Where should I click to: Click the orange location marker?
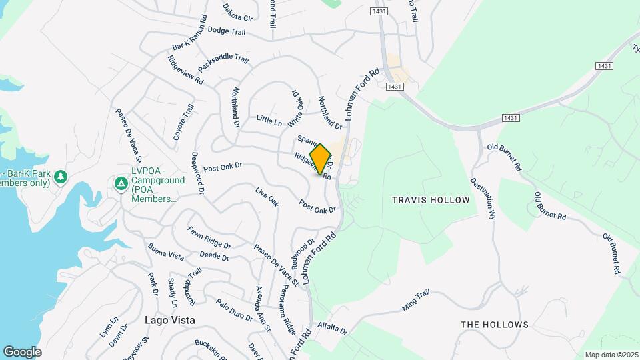point(321,159)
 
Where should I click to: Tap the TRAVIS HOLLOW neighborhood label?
point(431,200)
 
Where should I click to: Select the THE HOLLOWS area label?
point(495,325)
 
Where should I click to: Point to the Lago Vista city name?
point(170,320)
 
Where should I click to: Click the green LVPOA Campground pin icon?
point(121,183)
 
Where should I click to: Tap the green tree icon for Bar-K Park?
point(61,176)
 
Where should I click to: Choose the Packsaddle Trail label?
point(223,59)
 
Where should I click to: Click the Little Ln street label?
point(269,120)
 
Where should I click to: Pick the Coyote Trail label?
point(183,121)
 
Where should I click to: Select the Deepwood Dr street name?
point(198,173)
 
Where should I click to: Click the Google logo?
point(22,352)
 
